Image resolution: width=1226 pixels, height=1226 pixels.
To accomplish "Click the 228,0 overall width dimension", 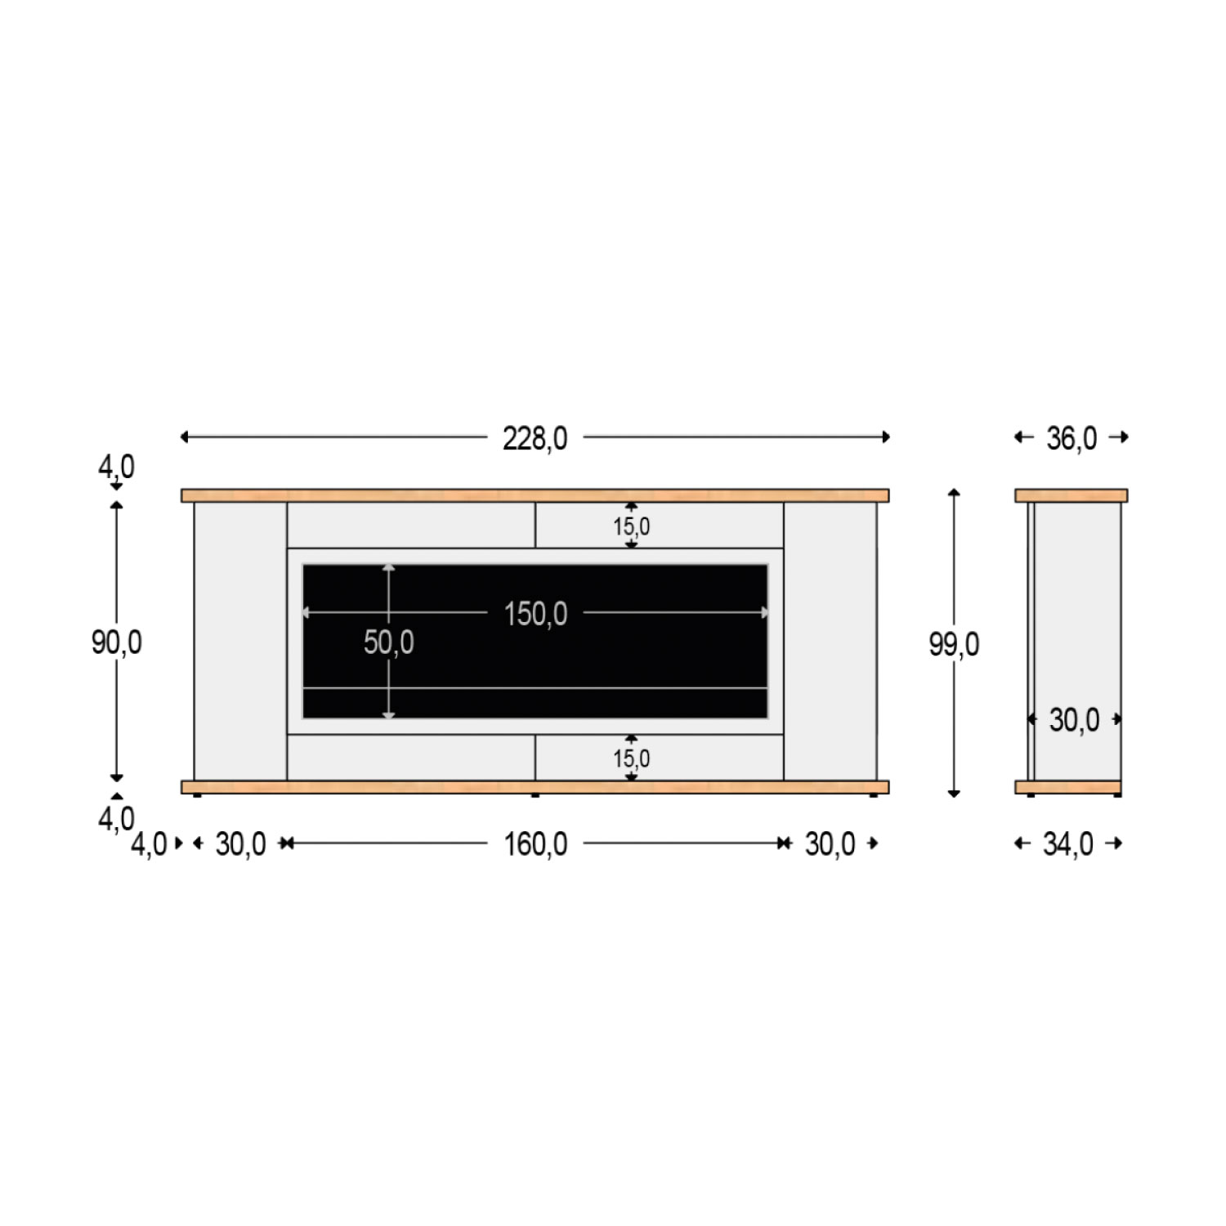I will pyautogui.click(x=535, y=438).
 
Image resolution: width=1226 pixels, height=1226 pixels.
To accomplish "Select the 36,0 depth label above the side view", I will pyautogui.click(x=1072, y=438).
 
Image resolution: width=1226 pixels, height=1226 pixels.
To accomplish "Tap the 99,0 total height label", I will pyautogui.click(x=954, y=645).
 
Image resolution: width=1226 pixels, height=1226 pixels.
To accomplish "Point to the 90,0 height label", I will pyautogui.click(x=116, y=642).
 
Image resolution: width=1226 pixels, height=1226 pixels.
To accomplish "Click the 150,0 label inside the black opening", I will pyautogui.click(x=535, y=614).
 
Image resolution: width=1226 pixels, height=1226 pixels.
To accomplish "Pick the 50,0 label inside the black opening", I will pyautogui.click(x=388, y=642).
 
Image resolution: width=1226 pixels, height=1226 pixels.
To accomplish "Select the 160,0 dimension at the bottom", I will pyautogui.click(x=535, y=844).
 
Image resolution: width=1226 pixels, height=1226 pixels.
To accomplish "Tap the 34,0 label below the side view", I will pyautogui.click(x=1067, y=844).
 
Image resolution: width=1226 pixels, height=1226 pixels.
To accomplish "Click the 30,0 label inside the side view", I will pyautogui.click(x=1074, y=720).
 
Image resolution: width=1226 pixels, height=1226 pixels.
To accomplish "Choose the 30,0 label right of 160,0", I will pyautogui.click(x=830, y=844).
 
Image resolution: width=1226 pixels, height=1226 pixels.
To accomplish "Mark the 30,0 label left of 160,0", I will pyautogui.click(x=240, y=844).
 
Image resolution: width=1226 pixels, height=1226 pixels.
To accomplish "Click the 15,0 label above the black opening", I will pyautogui.click(x=632, y=526).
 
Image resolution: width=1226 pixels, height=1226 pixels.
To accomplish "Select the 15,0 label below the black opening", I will pyautogui.click(x=632, y=758).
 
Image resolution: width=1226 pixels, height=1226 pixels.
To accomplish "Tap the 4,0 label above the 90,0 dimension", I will pyautogui.click(x=116, y=467).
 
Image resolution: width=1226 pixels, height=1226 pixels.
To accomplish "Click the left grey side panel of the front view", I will pyautogui.click(x=240, y=642).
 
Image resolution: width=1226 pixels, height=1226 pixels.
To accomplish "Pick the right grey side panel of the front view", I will pyautogui.click(x=830, y=642).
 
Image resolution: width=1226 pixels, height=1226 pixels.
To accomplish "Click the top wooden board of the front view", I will pyautogui.click(x=535, y=495).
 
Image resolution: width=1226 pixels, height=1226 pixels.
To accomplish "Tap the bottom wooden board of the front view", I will pyautogui.click(x=535, y=787).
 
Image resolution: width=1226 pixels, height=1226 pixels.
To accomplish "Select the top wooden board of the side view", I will pyautogui.click(x=1071, y=495).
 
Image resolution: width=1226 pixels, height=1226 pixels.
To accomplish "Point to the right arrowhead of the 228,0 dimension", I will pyautogui.click(x=886, y=437).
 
